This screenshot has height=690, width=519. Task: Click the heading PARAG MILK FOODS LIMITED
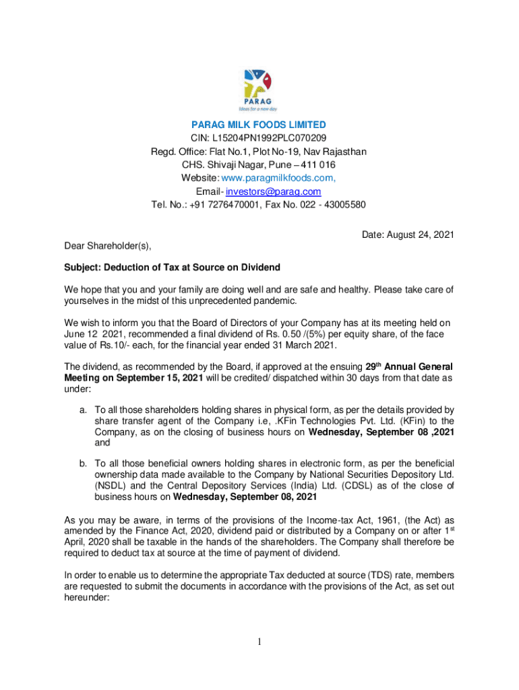point(259,125)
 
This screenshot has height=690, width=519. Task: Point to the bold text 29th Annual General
point(410,366)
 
